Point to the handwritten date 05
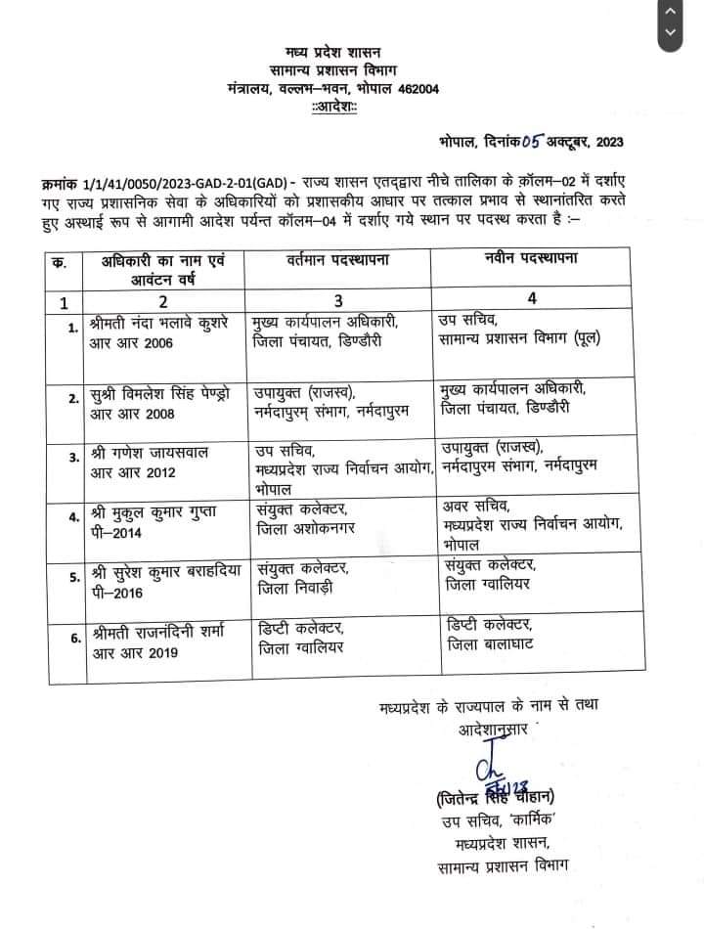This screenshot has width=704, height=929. click(534, 142)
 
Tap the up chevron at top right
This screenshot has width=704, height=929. click(670, 12)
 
